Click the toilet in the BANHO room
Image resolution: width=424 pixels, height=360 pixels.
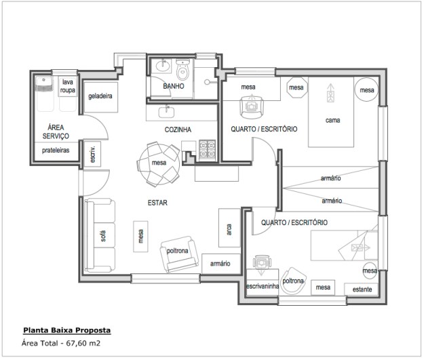(x=182, y=70)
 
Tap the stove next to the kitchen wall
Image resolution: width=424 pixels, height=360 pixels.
(x=208, y=151)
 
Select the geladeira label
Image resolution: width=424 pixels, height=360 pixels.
(x=100, y=96)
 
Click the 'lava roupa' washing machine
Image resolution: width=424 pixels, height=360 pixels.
(x=68, y=94)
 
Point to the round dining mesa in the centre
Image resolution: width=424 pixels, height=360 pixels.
(x=159, y=163)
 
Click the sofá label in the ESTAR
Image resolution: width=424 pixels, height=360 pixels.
(x=103, y=236)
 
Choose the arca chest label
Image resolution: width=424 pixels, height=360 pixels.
(x=229, y=229)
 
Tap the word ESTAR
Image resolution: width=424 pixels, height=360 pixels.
(x=157, y=203)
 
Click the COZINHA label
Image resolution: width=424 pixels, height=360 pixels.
(x=178, y=129)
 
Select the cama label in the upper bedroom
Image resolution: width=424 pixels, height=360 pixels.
(x=332, y=120)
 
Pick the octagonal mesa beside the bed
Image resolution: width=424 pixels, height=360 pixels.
(x=297, y=87)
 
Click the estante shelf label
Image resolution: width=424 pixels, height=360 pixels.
(x=362, y=289)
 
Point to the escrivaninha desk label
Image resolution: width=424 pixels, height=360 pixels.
(x=263, y=286)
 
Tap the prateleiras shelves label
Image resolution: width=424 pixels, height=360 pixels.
(x=56, y=151)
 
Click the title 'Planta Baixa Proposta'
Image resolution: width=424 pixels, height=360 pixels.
(x=67, y=330)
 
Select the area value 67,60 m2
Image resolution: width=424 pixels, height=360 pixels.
(x=83, y=343)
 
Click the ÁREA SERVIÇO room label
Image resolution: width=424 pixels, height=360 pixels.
(x=56, y=132)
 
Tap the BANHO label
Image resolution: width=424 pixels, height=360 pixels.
(x=174, y=86)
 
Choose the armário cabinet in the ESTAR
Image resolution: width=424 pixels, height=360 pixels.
(x=221, y=264)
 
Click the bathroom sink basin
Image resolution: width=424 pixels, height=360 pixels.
(x=163, y=66)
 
